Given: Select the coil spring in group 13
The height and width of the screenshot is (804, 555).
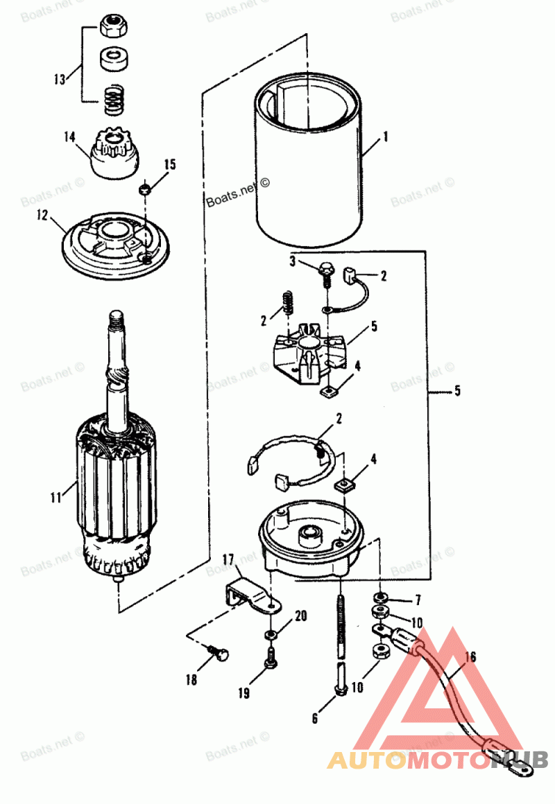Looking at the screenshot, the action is click(114, 101).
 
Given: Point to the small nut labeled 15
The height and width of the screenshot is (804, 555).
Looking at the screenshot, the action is click(144, 189).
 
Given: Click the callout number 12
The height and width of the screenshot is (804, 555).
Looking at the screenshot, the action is click(42, 216).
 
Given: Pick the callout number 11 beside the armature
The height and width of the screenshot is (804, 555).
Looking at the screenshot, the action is click(56, 497).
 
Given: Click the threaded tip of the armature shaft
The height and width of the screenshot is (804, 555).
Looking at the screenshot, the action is click(116, 320).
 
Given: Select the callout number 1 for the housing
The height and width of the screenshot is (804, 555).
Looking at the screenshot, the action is click(385, 137).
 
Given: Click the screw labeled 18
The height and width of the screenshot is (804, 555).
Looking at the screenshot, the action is click(219, 653).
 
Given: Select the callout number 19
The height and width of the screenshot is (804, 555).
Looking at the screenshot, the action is click(244, 692).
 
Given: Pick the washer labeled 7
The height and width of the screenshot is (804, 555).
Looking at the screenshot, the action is click(380, 598).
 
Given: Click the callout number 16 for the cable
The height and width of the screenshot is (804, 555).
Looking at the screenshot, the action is click(470, 657).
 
